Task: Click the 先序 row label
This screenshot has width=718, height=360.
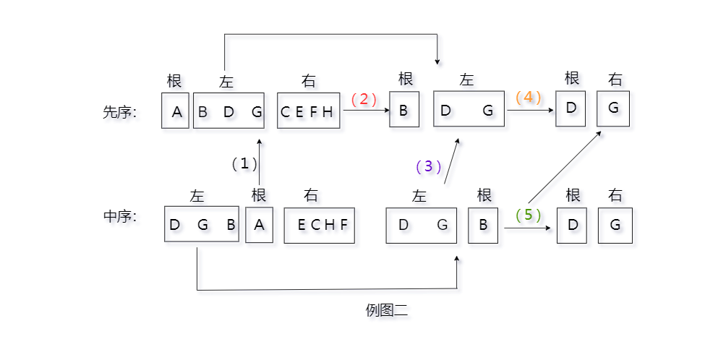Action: pos(120,112)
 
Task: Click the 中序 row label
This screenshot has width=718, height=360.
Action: pos(120,216)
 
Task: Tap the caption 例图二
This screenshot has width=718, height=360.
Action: pos(387,311)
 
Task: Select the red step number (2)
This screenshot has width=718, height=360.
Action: pos(364,99)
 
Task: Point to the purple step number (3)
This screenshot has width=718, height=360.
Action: pos(428,166)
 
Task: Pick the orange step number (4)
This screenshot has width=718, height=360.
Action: pos(529,97)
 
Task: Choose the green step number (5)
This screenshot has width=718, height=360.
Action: pos(528,215)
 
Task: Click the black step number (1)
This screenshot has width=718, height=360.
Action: pos(244,163)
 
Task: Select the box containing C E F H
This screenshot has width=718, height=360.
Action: pos(308,111)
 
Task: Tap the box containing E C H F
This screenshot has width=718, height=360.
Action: pos(319,225)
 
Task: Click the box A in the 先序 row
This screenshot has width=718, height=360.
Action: pos(176,111)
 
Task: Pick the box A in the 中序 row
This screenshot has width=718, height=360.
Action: pos(260,225)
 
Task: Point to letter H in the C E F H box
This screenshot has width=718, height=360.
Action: pos(328,112)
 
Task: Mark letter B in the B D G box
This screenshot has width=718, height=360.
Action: pos(203,112)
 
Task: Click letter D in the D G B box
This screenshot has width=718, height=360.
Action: pos(174,225)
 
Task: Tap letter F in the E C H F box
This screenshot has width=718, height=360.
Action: pos(344,225)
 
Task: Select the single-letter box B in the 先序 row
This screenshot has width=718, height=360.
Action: pos(404,111)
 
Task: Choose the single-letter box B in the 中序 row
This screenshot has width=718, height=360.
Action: pos(483,225)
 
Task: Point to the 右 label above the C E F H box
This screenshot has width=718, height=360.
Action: pos(309,81)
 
